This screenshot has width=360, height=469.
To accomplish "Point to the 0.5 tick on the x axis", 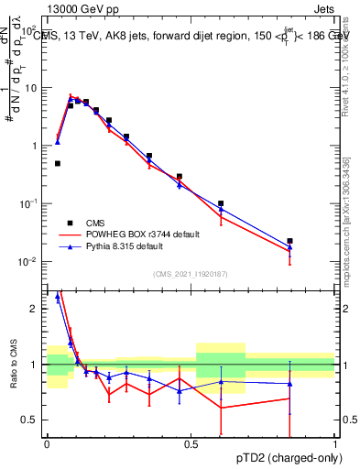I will [x=191, y=444].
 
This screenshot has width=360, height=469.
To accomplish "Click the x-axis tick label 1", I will [x=334, y=444].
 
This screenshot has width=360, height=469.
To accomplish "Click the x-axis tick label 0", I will [x=47, y=444].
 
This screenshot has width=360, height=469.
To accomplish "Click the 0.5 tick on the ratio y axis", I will [x=32, y=420].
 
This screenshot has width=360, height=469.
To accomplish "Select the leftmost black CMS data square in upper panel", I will [x=58, y=163].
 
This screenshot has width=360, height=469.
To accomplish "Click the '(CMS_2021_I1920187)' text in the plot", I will [x=191, y=274].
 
